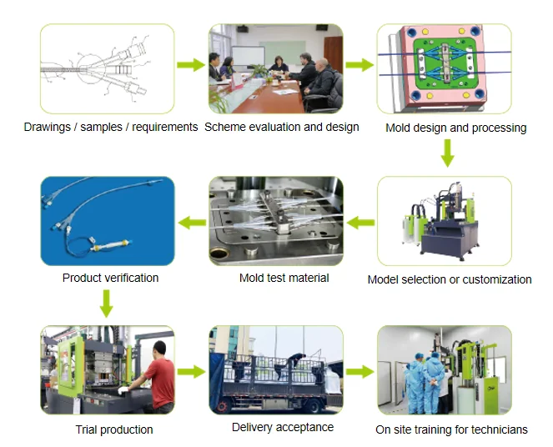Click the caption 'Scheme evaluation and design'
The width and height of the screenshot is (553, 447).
click(281, 128)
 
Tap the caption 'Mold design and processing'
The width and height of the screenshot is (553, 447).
click(455, 128)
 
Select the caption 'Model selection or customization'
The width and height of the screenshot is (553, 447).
click(449, 279)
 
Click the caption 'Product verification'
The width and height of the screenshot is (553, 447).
click(110, 278)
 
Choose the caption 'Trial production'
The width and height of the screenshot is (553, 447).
click(114, 429)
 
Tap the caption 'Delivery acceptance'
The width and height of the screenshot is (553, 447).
click(282, 427)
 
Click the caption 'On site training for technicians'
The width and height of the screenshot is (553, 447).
click(451, 429)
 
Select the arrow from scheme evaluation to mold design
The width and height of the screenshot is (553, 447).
click(359, 65)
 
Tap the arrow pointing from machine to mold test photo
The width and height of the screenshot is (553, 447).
click(359, 222)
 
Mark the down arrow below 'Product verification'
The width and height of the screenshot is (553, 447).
click(106, 303)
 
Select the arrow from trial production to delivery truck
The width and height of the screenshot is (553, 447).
click(191, 372)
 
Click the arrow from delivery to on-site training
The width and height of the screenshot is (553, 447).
click(359, 372)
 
